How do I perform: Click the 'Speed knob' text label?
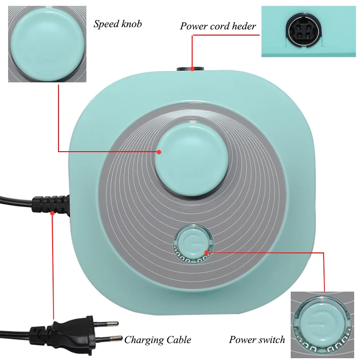point(117,24)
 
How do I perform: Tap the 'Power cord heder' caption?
point(218,26)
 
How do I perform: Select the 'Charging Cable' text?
point(157,340)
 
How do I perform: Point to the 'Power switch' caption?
point(257,339)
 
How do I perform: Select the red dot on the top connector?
point(192,68)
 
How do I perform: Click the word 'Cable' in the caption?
point(176,340)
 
